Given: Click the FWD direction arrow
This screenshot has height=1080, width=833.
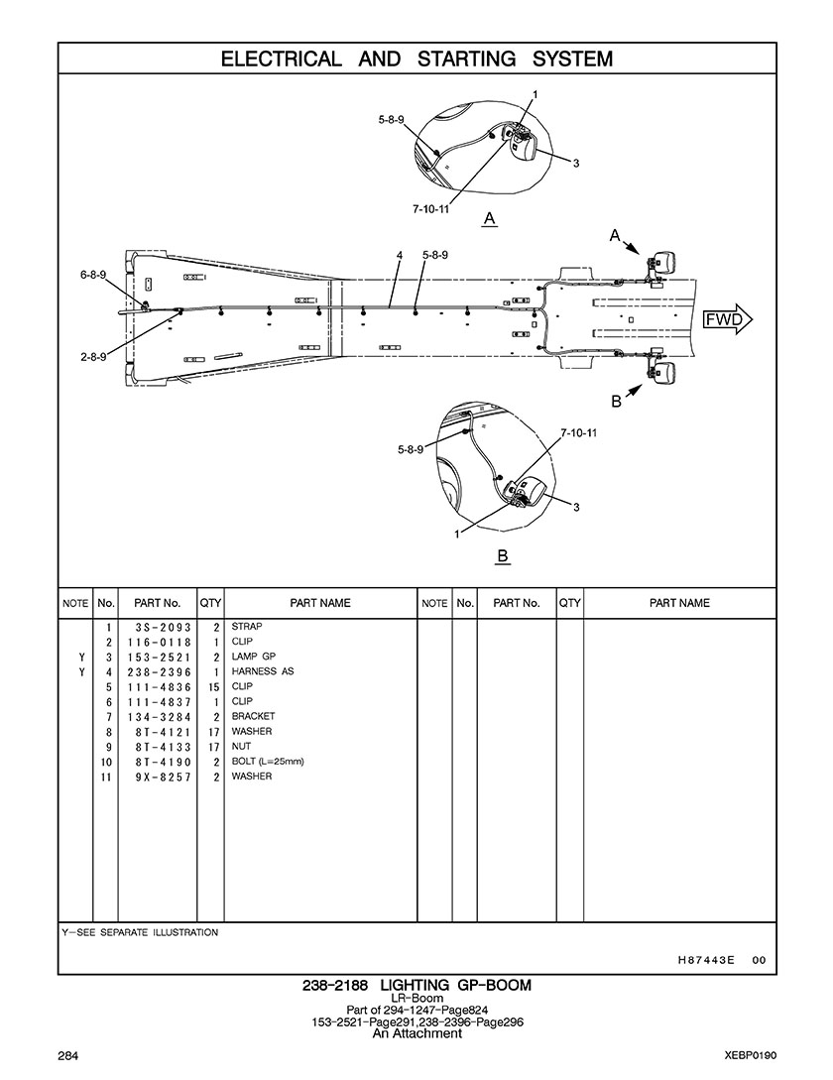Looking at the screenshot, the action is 728,319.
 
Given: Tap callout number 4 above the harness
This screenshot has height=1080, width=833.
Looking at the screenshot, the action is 399,256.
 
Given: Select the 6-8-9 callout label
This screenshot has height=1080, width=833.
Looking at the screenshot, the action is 93,275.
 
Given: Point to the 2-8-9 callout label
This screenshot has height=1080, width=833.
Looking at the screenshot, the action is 93,357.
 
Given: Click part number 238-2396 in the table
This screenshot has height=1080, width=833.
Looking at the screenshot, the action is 159,672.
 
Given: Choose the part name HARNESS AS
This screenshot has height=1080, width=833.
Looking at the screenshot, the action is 263,670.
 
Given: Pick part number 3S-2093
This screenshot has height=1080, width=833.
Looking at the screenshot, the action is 159,628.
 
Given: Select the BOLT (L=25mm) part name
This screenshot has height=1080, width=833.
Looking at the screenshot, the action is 268,761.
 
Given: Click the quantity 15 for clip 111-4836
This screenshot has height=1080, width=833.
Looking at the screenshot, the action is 213,687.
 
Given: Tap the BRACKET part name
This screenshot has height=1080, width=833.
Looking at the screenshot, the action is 253,716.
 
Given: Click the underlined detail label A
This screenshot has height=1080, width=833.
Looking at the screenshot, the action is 489,220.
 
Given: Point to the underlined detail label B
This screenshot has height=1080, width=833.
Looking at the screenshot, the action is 503,556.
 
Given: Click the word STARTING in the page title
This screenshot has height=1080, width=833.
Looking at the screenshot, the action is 466,60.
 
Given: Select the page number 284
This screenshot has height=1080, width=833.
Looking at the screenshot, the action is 68,1055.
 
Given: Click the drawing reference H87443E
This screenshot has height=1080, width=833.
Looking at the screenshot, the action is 706,960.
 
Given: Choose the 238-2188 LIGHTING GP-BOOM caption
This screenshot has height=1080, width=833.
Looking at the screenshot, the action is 416,986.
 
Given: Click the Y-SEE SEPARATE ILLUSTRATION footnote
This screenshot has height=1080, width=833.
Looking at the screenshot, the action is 140,932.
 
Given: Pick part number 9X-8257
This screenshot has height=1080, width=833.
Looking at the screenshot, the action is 159,777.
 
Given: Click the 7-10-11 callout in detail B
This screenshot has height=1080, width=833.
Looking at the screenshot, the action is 579,432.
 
